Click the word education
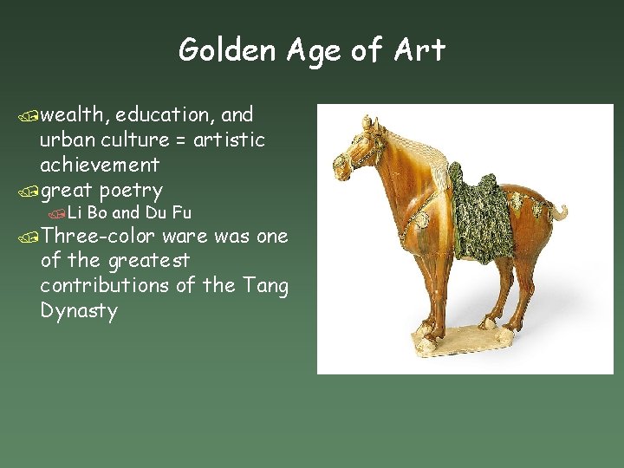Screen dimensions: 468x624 [x=164, y=115]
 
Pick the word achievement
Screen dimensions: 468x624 [x=100, y=165]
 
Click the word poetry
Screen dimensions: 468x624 [x=131, y=190]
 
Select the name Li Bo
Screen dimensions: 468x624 [x=88, y=212]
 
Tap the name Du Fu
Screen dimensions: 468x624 [x=169, y=212]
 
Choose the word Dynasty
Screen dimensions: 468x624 [x=79, y=310]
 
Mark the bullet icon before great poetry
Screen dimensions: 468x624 [x=32, y=191]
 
